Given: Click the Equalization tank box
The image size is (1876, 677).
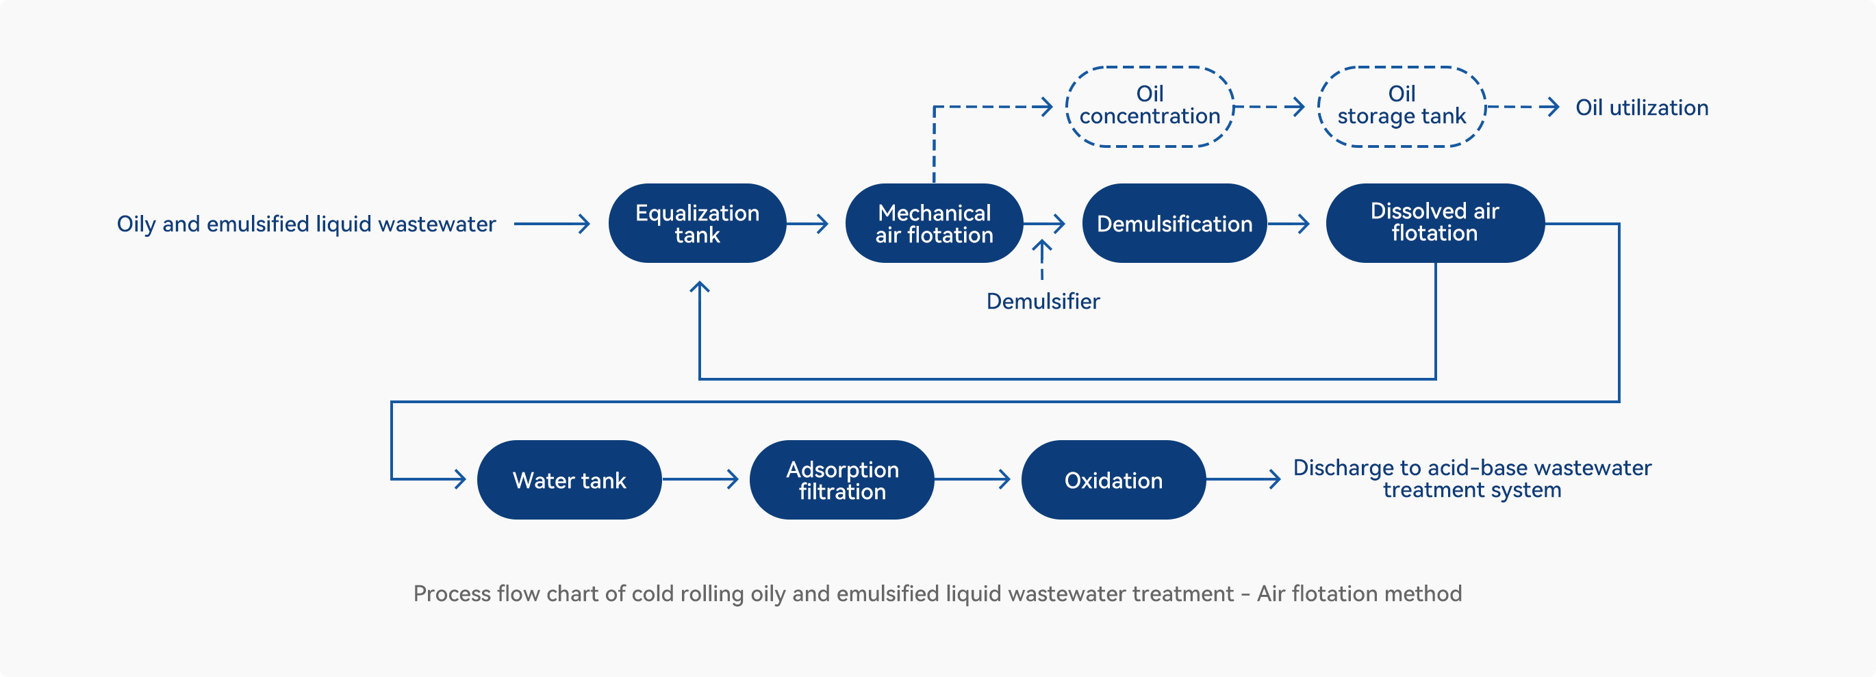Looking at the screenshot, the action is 697,223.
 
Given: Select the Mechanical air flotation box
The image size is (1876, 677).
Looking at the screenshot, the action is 935,223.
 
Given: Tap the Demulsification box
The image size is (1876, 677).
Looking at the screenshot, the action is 1175,223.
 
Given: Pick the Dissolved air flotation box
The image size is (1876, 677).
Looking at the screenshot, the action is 1434,223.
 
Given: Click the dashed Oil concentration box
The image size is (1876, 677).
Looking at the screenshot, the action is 1150,68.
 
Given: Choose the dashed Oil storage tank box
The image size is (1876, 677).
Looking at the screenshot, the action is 1402,68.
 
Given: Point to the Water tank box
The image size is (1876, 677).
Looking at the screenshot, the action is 570,480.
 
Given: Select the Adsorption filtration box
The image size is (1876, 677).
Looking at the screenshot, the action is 842,480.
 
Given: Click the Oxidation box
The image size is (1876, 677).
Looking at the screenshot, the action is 1113,480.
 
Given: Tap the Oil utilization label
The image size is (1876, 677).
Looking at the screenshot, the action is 1642,107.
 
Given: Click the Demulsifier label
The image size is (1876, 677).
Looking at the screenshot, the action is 1043,301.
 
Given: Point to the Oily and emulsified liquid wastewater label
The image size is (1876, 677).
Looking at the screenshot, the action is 306,225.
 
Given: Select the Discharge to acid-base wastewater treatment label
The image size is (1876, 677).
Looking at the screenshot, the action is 1472,478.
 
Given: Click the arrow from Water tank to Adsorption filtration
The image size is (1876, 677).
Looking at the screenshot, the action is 700,479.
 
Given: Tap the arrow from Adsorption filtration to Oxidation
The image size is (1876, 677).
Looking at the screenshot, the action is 972,479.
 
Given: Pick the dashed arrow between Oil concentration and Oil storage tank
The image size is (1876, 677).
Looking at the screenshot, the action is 1269,107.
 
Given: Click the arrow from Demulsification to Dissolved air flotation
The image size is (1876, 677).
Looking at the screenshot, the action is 1289,223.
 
